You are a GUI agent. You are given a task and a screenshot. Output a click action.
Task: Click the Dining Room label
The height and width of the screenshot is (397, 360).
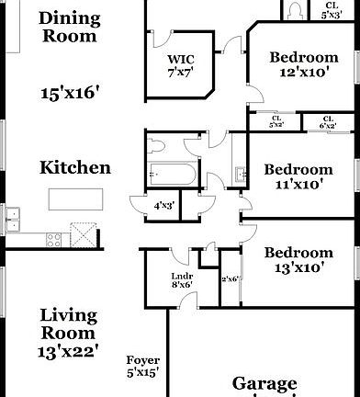[x=69, y=27]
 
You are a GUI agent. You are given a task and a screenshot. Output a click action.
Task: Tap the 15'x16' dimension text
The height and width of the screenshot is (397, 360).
[x=69, y=92]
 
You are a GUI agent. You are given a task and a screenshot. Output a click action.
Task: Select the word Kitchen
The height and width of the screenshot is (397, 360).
[x=75, y=168]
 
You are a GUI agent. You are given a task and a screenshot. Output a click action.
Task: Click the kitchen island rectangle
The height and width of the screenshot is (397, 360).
[x=75, y=199]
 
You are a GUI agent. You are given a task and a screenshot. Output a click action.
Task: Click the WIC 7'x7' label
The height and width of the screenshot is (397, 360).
[x=179, y=66]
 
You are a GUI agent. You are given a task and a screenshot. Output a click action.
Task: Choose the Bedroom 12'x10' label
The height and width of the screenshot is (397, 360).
[x=303, y=65]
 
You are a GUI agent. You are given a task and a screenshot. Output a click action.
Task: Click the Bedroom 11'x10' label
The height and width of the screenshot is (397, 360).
[x=298, y=176]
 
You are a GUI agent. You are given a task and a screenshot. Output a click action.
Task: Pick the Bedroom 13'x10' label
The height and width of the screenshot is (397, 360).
[x=298, y=260]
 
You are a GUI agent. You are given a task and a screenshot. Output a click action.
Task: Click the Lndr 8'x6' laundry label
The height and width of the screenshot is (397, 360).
[x=180, y=278]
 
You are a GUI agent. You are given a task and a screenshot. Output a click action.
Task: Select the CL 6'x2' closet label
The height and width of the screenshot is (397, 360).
[x=327, y=120]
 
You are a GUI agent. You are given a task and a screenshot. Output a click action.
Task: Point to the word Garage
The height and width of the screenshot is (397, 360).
[x=264, y=383]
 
